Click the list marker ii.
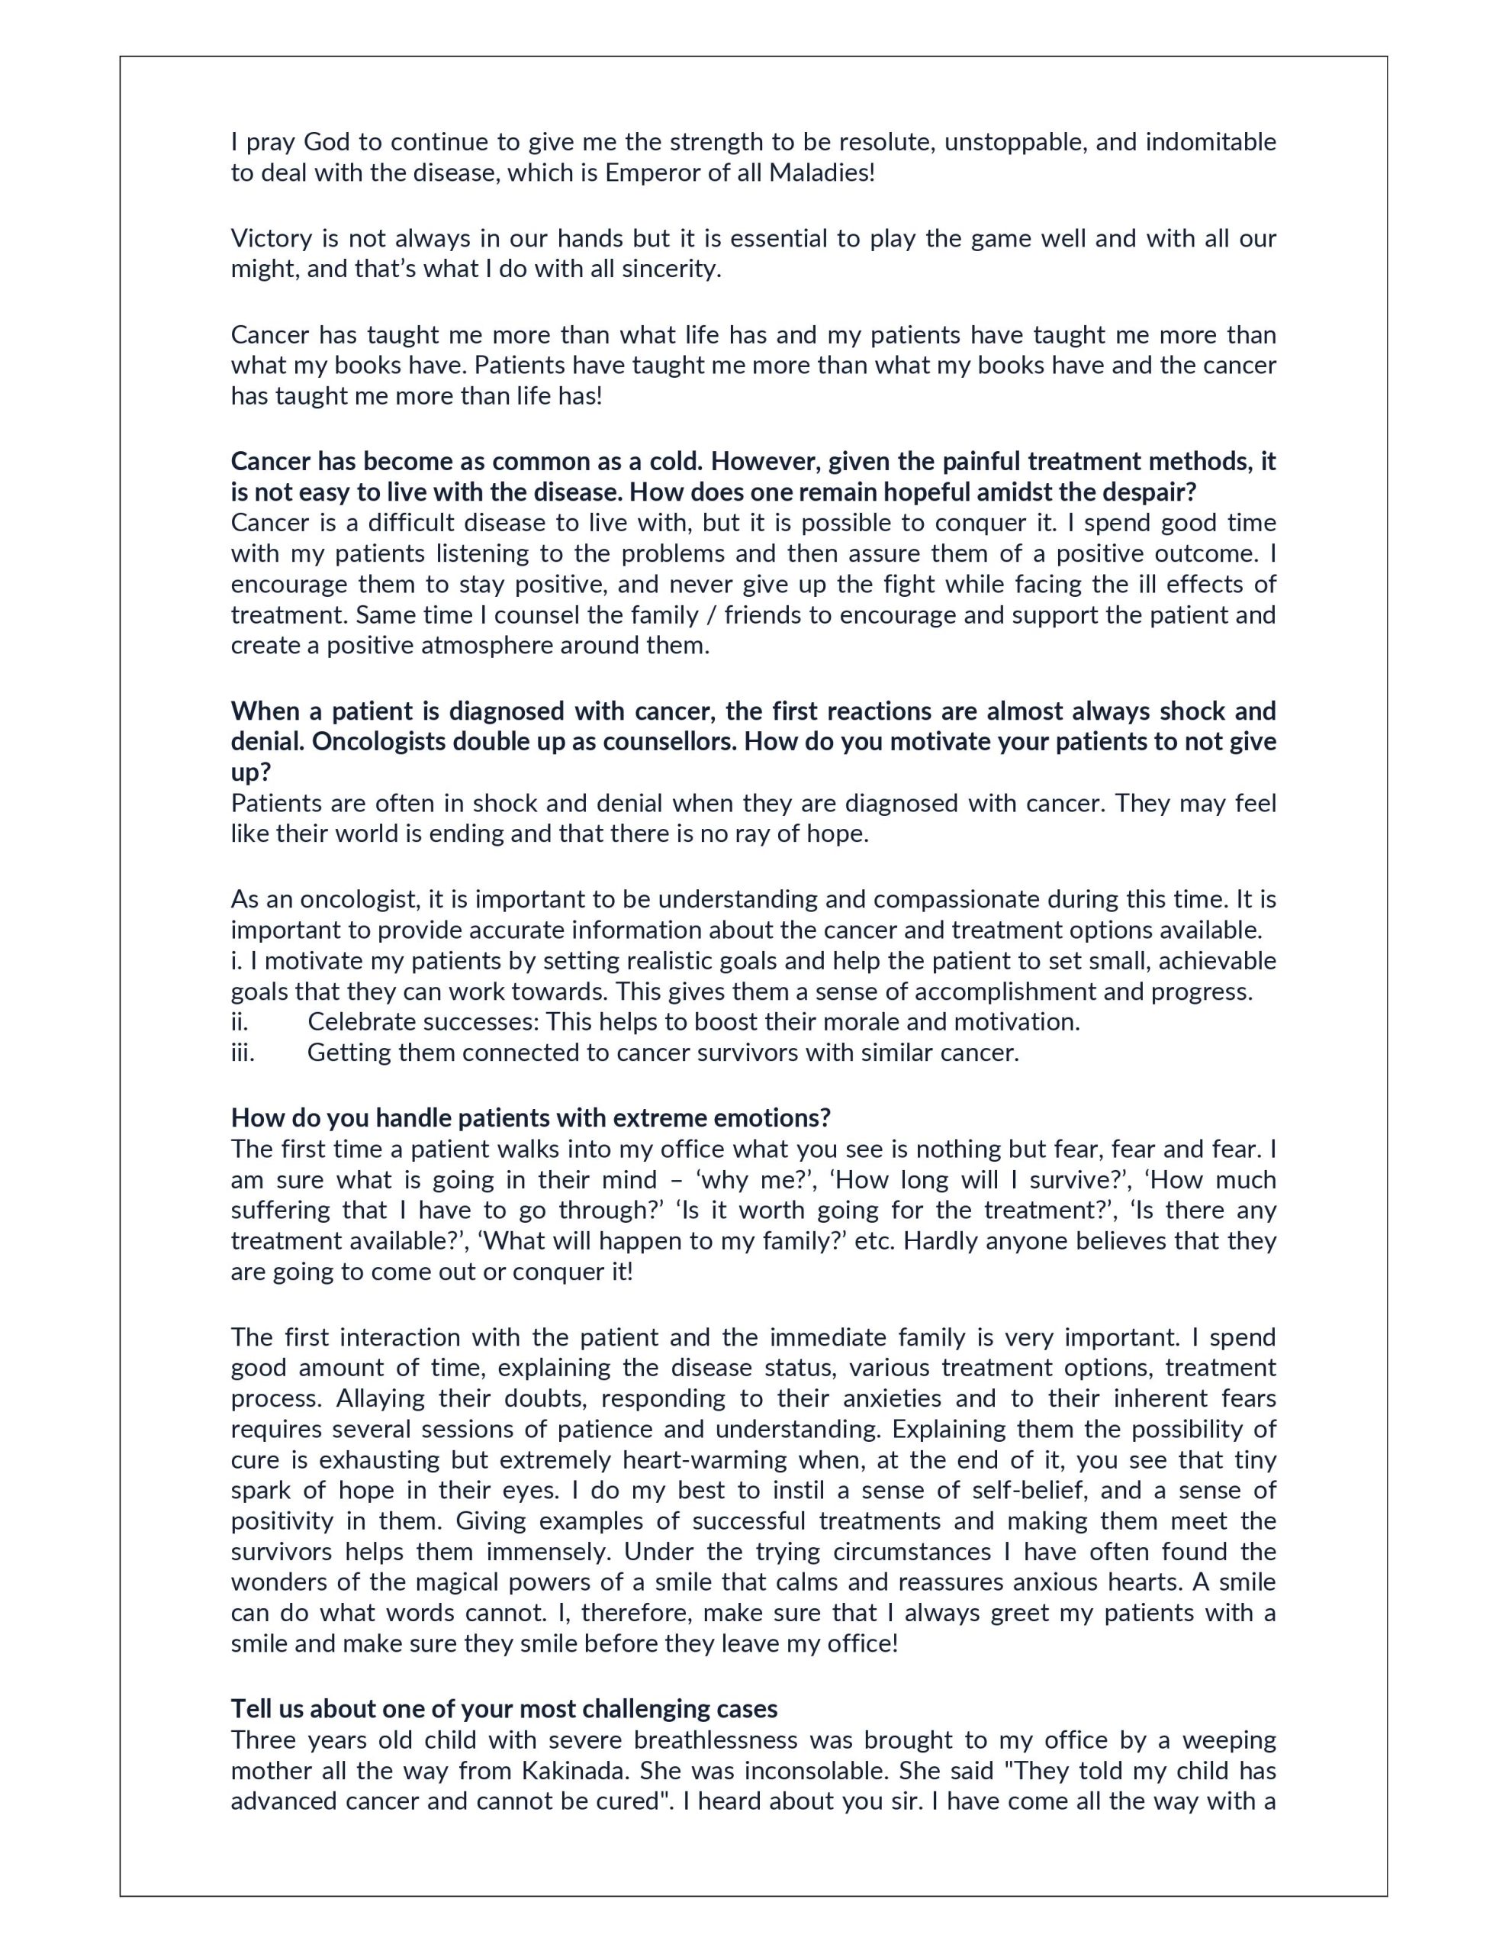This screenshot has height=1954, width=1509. (240, 1022)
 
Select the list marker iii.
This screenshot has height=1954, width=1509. (243, 1052)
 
